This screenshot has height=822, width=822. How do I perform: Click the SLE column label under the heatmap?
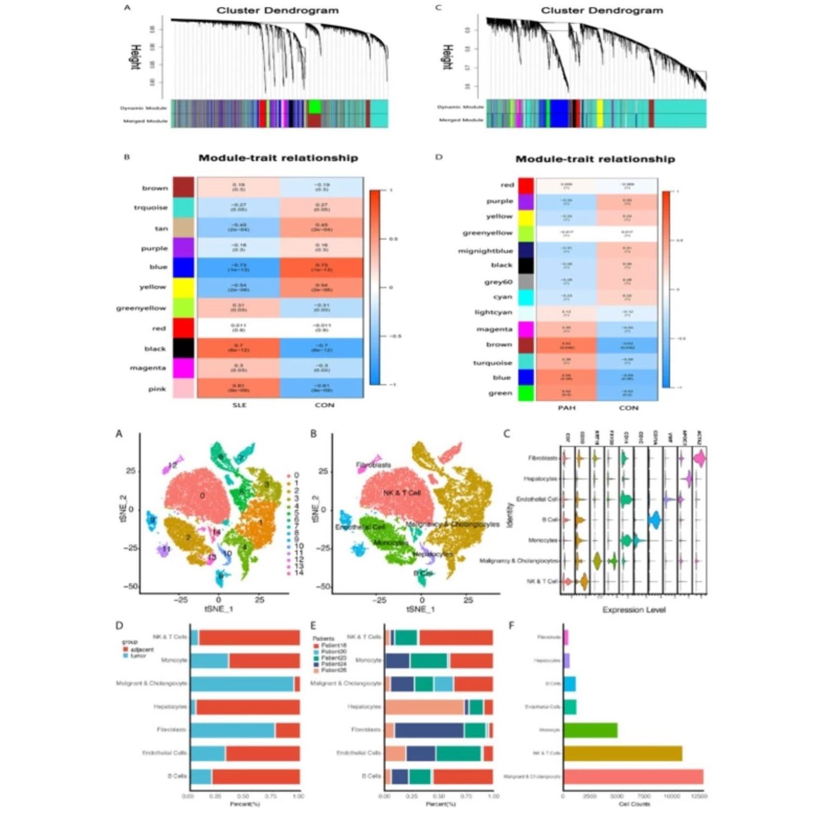pyautogui.click(x=239, y=405)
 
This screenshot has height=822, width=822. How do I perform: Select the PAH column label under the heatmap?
pyautogui.click(x=566, y=408)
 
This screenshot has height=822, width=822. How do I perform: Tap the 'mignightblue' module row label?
pyautogui.click(x=485, y=250)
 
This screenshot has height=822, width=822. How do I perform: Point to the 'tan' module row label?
pyautogui.click(x=161, y=228)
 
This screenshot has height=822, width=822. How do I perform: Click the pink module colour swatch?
pyautogui.click(x=184, y=389)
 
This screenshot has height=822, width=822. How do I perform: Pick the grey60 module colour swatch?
pyautogui.click(x=526, y=282)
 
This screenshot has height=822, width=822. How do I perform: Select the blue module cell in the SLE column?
pyautogui.click(x=238, y=267)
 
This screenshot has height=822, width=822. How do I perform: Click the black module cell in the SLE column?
pyautogui.click(x=238, y=348)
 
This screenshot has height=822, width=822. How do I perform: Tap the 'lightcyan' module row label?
pyautogui.click(x=493, y=312)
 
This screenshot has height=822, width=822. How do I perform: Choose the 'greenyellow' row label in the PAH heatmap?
pyautogui.click(x=487, y=232)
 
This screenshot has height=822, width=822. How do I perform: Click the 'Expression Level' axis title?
pyautogui.click(x=634, y=610)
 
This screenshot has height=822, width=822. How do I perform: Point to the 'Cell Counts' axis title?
pyautogui.click(x=634, y=804)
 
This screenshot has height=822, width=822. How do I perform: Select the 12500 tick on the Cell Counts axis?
pyautogui.click(x=699, y=796)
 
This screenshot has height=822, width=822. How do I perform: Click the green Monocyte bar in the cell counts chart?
pyautogui.click(x=590, y=730)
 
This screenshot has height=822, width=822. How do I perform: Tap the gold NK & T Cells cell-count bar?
pyautogui.click(x=622, y=753)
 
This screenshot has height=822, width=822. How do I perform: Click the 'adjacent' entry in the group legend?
pyautogui.click(x=142, y=649)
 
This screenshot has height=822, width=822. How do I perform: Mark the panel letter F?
pyautogui.click(x=511, y=625)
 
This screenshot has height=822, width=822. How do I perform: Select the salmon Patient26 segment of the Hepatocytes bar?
pyautogui.click(x=424, y=707)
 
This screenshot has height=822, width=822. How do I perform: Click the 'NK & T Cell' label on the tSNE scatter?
pyautogui.click(x=402, y=493)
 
